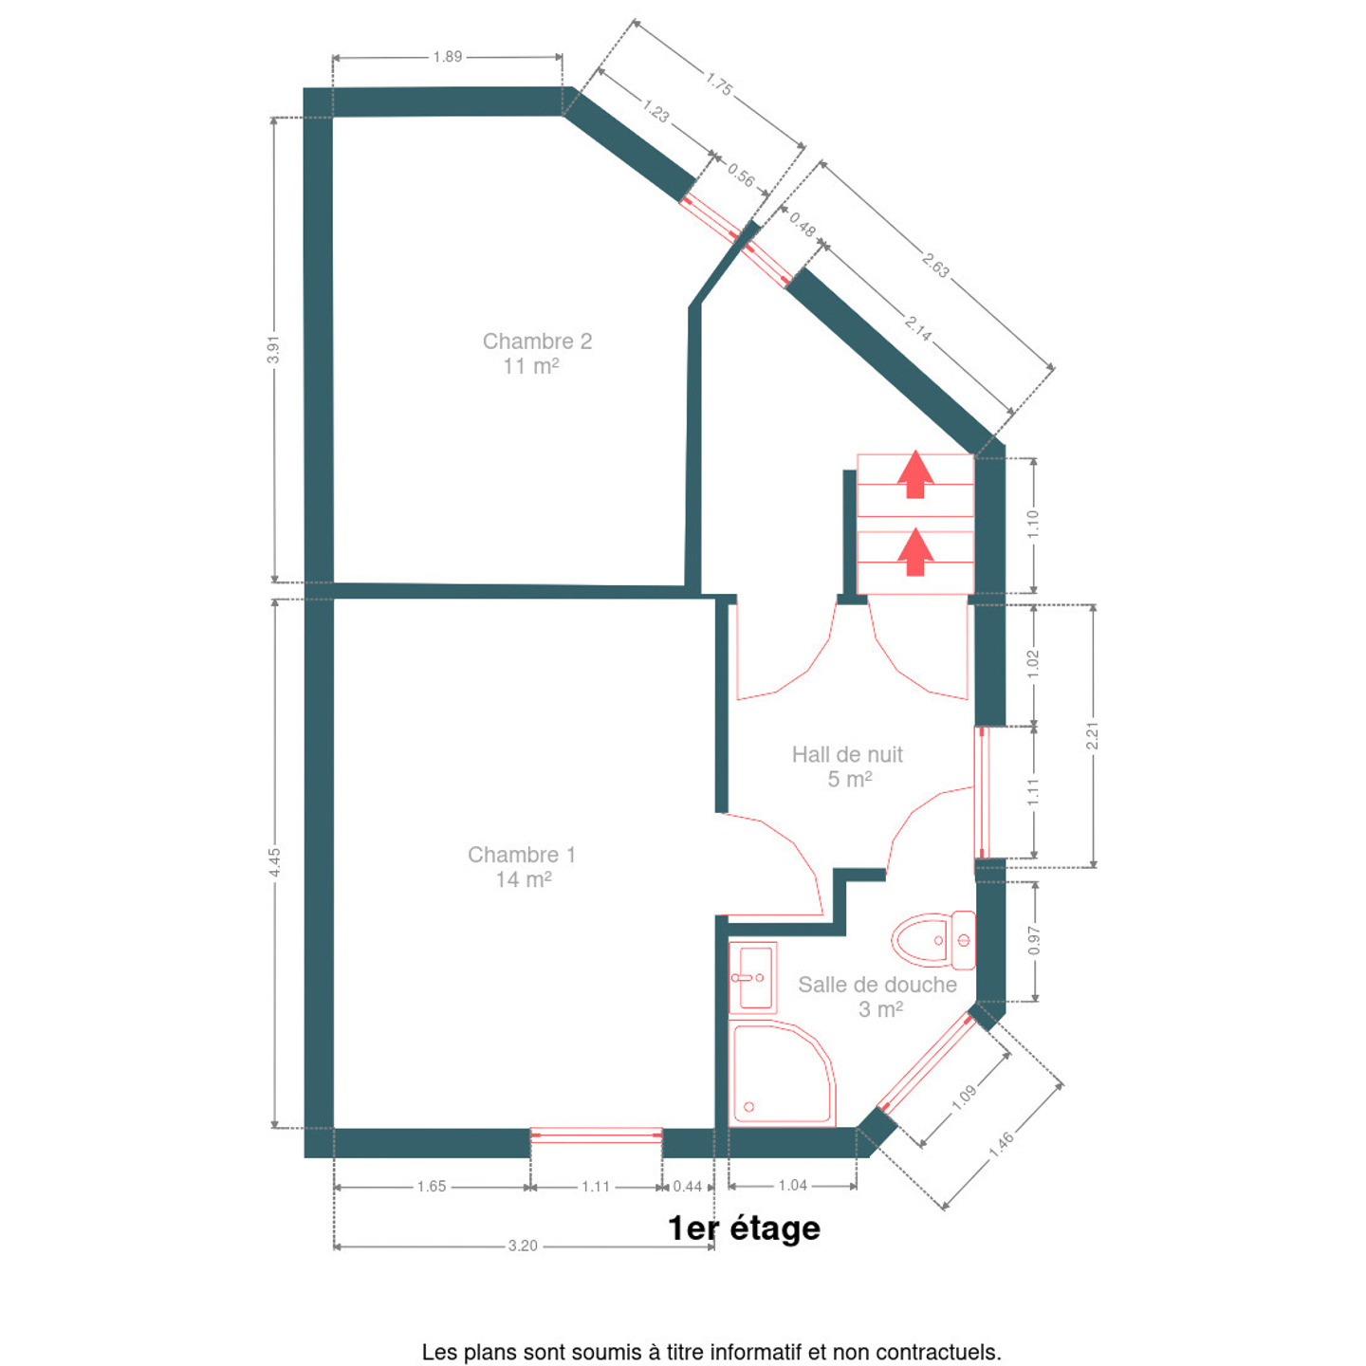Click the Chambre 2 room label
click(x=537, y=353)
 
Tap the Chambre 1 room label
click(x=522, y=866)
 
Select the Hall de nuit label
click(x=847, y=766)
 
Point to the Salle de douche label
click(x=877, y=996)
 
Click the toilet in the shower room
click(x=933, y=940)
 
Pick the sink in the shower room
click(x=753, y=977)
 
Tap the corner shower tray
click(x=783, y=1073)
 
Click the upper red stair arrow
click(x=915, y=474)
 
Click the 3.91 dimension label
click(x=273, y=349)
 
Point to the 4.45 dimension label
click(x=274, y=862)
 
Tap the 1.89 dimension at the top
click(x=448, y=57)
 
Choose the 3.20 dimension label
click(x=523, y=1246)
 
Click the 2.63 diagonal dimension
click(x=935, y=265)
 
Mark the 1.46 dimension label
click(x=1001, y=1146)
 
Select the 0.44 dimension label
click(x=687, y=1187)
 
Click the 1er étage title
click(x=744, y=1228)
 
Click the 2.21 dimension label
click(x=1093, y=735)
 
